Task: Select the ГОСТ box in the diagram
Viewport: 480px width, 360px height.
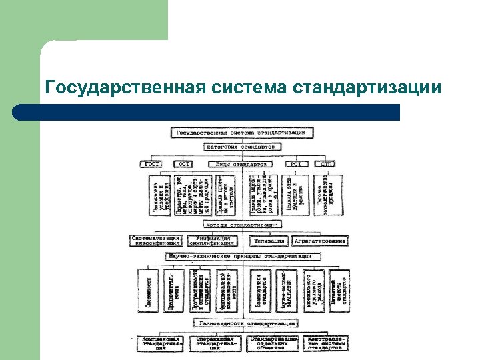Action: pyautogui.click(x=151, y=164)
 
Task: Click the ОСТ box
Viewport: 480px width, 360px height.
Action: pyautogui.click(x=184, y=164)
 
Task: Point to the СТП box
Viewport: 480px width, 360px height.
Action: pyautogui.click(x=328, y=164)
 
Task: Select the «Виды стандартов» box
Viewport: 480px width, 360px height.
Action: pyautogui.click(x=240, y=164)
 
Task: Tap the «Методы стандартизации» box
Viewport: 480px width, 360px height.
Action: pyautogui.click(x=240, y=225)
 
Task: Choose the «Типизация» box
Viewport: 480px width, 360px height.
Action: pyautogui.click(x=270, y=241)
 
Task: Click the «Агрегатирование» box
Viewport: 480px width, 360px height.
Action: pyautogui.click(x=319, y=241)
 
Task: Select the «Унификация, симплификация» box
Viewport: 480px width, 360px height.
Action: pyautogui.click(x=213, y=241)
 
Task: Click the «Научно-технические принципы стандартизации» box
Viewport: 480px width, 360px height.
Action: pyautogui.click(x=240, y=256)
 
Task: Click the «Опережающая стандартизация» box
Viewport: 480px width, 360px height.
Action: pyautogui.click(x=213, y=343)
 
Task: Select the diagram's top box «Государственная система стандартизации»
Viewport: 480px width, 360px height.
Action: pyautogui.click(x=240, y=132)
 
